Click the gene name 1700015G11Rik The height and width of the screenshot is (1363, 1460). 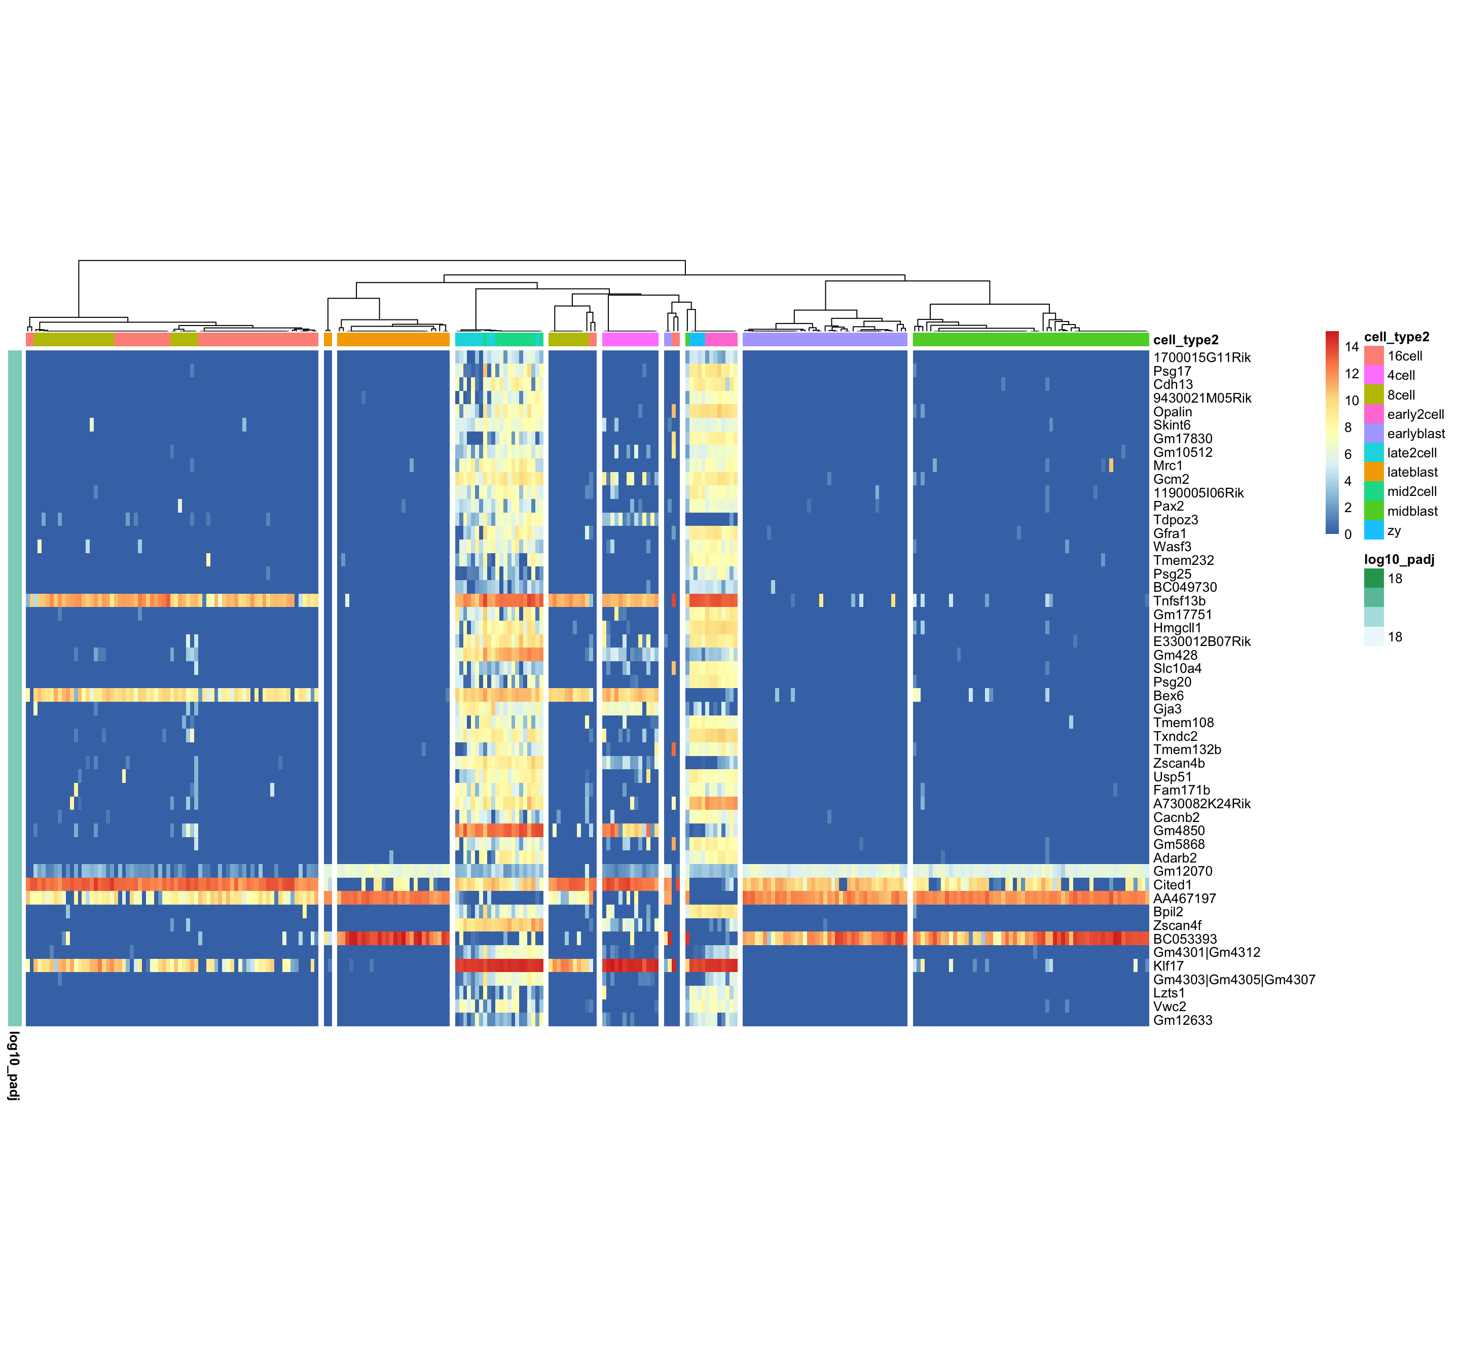[x=1201, y=357]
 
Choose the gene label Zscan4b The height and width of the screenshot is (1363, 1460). [x=1179, y=763]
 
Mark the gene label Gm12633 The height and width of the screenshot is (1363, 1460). [x=1182, y=1020]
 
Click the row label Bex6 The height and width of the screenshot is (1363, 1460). [x=1167, y=695]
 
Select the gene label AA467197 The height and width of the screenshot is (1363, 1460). [x=1184, y=898]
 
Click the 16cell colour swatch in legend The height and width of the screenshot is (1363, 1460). [x=1373, y=355]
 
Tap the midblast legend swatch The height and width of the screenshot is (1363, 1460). [x=1373, y=511]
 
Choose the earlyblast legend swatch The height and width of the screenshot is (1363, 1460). [x=1373, y=434]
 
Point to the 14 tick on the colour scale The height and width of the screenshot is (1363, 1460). [x=1352, y=347]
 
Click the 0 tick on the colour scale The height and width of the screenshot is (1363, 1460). [x=1347, y=534]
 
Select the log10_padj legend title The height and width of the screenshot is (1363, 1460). [x=1398, y=559]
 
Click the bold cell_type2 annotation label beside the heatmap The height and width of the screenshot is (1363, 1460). [x=1185, y=339]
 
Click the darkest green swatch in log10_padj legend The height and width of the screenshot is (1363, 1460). [x=1373, y=578]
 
